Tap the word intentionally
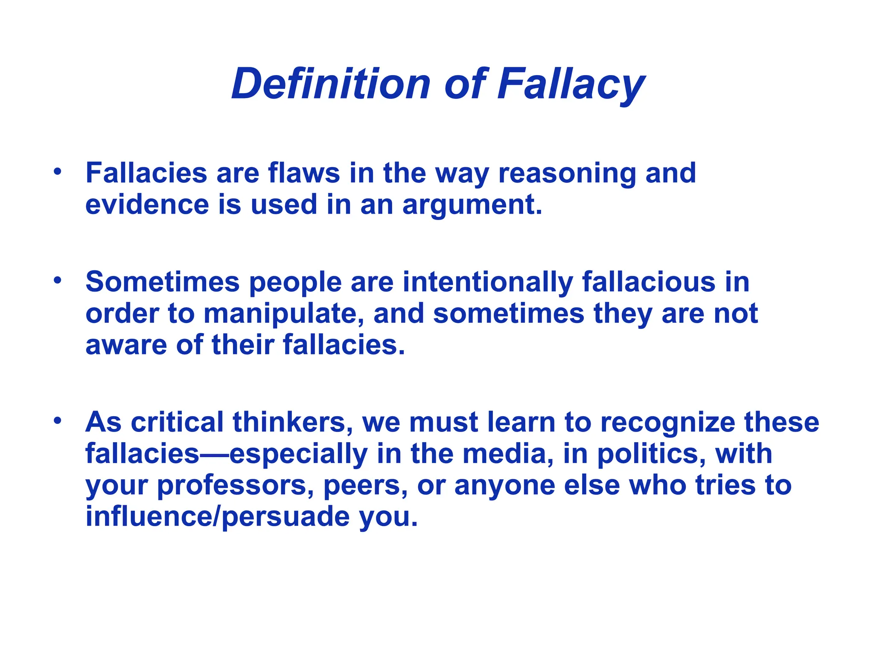point(487,283)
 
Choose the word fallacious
point(649,282)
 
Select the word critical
point(177,422)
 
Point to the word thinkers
point(293,422)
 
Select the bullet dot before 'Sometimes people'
point(58,281)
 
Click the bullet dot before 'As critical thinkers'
point(58,420)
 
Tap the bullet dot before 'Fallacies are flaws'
point(58,171)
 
